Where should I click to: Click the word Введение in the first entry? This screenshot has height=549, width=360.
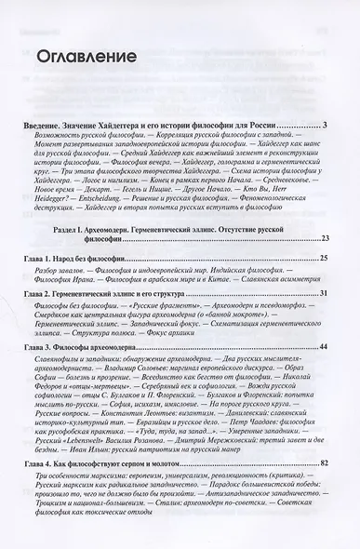(x=43, y=124)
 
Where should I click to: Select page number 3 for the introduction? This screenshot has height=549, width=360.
(x=322, y=124)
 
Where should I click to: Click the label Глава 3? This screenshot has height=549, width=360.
(x=38, y=372)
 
